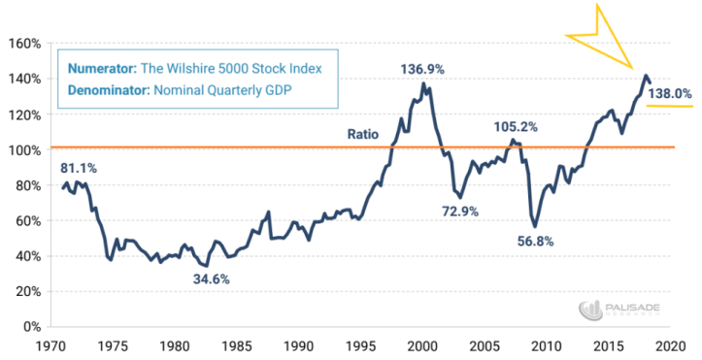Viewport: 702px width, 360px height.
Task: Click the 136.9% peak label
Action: pyautogui.click(x=424, y=69)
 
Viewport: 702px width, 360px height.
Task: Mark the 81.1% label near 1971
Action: pyautogui.click(x=78, y=167)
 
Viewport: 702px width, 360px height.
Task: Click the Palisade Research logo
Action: pyautogui.click(x=620, y=310)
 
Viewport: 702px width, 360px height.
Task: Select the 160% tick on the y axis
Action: pyautogui.click(x=22, y=44)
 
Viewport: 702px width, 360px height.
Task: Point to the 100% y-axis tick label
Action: pyautogui.click(x=22, y=149)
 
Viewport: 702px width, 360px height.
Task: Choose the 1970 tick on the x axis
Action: pyautogui.click(x=51, y=345)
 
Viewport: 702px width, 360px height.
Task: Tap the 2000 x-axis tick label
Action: pyautogui.click(x=423, y=345)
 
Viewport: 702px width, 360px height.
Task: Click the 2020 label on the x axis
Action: pyautogui.click(x=671, y=345)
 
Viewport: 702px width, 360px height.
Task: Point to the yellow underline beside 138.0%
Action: pyautogui.click(x=669, y=107)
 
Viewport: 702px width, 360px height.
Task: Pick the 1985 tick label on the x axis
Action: pyautogui.click(x=237, y=345)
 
